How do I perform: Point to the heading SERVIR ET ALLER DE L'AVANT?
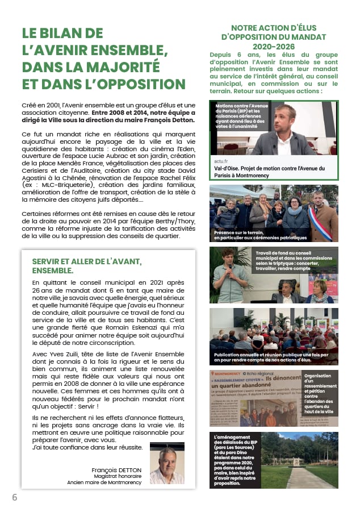(x=87, y=261)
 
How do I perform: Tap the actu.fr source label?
(x=221, y=161)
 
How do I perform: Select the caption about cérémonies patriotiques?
(x=260, y=235)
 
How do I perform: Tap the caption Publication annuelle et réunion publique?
(x=273, y=358)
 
